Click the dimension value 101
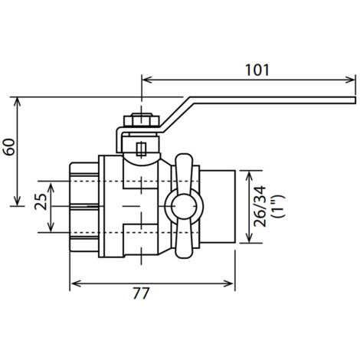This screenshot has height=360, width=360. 257,70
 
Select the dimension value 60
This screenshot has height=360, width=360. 10,147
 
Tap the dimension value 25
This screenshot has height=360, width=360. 41,201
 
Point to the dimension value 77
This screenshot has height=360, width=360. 141,293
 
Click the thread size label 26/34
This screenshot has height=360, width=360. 260,207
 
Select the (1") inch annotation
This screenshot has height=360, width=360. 277,207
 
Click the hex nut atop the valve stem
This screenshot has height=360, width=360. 142,120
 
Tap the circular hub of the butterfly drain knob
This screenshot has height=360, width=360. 184,207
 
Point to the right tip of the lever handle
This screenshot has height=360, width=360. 355,100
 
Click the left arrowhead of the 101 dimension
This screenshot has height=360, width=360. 146,80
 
